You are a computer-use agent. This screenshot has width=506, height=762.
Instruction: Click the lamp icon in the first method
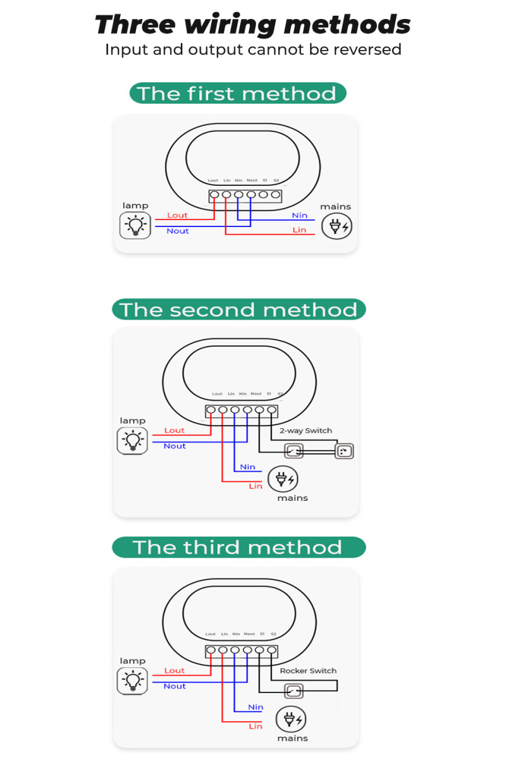135,225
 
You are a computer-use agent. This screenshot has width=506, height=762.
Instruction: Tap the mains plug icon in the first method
336,226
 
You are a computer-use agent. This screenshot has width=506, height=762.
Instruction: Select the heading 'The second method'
238,309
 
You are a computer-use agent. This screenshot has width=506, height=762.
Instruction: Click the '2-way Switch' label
305,431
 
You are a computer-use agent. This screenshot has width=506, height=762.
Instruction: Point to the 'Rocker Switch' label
308,670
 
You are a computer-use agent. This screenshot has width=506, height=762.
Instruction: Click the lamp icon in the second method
133,440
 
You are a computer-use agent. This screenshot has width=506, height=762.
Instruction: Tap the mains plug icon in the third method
291,719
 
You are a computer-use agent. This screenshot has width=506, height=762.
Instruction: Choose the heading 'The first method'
237,93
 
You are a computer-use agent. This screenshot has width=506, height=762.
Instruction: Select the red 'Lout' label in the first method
177,215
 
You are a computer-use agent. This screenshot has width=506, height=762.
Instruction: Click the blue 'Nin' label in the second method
247,467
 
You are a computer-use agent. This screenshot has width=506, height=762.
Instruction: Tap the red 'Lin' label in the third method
255,726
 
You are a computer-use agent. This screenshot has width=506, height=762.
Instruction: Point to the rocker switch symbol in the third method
293,691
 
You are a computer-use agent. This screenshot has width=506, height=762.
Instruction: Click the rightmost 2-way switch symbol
343,451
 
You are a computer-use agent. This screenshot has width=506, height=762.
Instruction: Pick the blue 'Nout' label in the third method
175,686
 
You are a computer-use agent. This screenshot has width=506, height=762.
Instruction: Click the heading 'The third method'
237,547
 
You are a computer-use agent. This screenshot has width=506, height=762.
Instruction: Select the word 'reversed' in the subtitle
366,49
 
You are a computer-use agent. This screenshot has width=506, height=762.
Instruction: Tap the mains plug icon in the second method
283,479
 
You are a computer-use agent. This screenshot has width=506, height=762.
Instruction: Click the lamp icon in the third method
133,680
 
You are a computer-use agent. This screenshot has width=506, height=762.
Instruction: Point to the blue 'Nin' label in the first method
299,215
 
